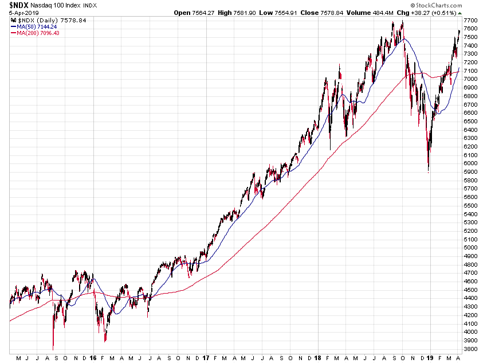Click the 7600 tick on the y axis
tap(470, 28)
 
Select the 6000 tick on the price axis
tap(470, 163)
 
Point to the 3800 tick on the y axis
tap(470, 349)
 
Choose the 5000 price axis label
tap(470, 247)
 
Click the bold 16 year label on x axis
tap(93, 358)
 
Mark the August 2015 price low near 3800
tap(53, 348)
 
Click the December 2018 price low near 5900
tap(428, 170)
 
